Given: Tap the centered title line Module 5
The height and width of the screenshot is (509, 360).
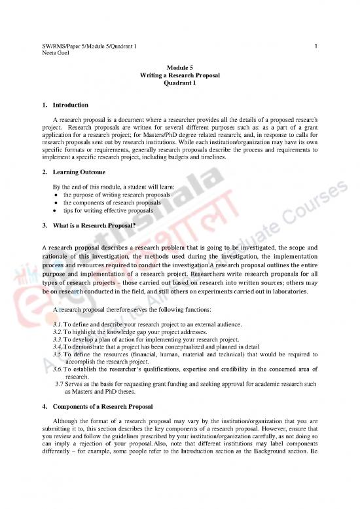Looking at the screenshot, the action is [x=180, y=68].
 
